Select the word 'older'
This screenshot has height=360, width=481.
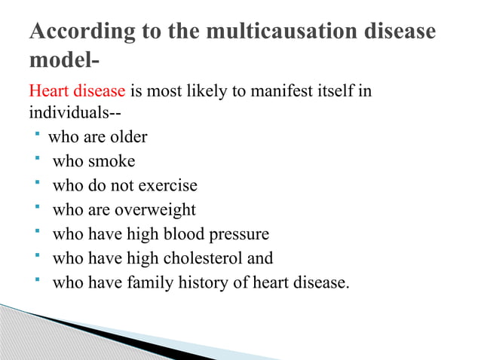(127, 137)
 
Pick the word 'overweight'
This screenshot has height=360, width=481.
(158, 209)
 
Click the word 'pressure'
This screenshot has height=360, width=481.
(238, 234)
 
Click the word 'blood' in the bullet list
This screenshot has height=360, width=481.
(183, 234)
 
